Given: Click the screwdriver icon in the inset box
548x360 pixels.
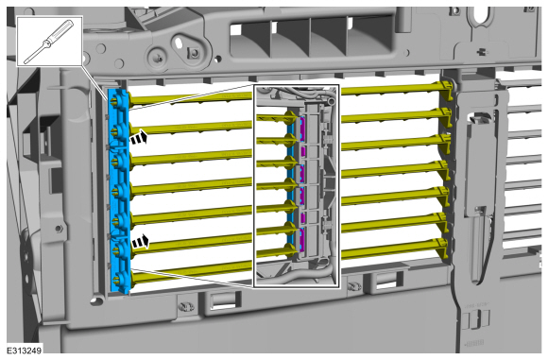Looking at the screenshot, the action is [48, 42].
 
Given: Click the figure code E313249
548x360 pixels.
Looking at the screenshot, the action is [25, 351].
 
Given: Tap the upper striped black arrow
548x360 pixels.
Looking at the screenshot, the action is [139, 137].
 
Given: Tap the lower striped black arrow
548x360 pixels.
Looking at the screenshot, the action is [140, 241].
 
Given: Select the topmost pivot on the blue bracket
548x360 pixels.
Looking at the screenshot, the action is [114, 101].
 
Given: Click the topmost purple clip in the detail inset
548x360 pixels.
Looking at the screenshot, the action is [302, 129].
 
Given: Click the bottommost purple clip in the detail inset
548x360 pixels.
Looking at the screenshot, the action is [302, 239].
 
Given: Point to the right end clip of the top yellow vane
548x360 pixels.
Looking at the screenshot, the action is [444, 89].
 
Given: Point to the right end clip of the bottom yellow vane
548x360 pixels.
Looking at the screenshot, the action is [442, 248].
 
